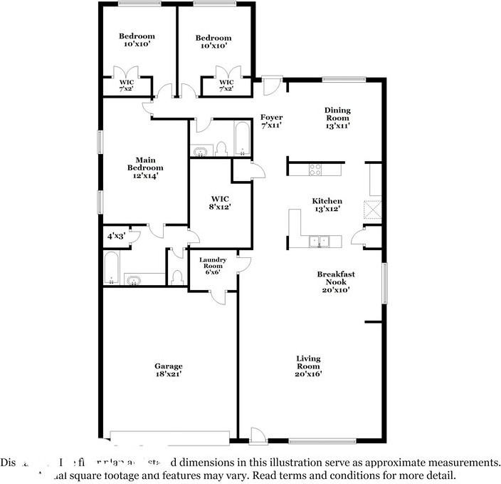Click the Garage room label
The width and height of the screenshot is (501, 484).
tap(169, 366)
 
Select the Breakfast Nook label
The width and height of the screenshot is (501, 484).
tap(336, 277)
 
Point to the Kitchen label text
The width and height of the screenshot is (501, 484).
tap(327, 201)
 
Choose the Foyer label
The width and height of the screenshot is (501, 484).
tap(271, 117)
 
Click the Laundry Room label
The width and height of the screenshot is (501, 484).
tap(212, 263)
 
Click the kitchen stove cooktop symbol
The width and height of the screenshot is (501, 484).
tap(315, 170)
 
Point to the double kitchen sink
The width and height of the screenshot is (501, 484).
tap(318, 241)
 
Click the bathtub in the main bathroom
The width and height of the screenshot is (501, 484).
tap(112, 268)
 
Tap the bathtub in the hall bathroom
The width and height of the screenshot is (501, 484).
tap(242, 139)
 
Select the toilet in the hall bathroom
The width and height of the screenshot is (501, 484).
tap(221, 148)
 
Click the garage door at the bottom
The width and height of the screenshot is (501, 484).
tap(170, 436)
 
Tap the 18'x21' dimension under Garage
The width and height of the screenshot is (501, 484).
tap(169, 375)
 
